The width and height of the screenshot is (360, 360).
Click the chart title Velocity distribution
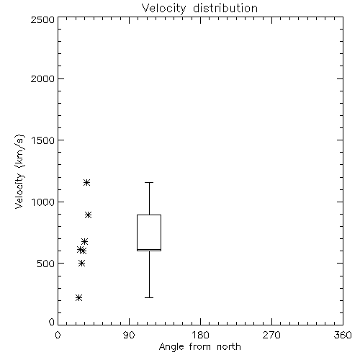199,8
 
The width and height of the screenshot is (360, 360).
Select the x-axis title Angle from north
199,347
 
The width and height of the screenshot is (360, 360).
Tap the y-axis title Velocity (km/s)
19,171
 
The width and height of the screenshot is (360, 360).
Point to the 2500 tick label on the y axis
42,19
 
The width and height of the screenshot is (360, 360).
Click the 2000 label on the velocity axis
42,78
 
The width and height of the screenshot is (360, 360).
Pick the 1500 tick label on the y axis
43,140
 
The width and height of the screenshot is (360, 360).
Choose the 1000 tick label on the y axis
43,202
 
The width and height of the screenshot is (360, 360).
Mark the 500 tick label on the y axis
46,264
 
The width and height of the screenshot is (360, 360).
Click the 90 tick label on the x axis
129,335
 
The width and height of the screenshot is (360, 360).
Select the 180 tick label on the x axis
200,335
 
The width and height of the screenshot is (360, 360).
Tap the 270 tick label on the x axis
271,335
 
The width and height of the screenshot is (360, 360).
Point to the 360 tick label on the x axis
343,335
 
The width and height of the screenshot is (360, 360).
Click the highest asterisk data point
86,183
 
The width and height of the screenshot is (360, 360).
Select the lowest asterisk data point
78,298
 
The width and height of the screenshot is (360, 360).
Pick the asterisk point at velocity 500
81,264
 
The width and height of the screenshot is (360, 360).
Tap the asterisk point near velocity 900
89,215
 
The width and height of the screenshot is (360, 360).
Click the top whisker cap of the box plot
149,183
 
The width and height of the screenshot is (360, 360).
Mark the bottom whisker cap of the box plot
149,297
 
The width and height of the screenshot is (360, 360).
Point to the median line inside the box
149,250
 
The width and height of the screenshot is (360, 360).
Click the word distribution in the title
225,8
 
